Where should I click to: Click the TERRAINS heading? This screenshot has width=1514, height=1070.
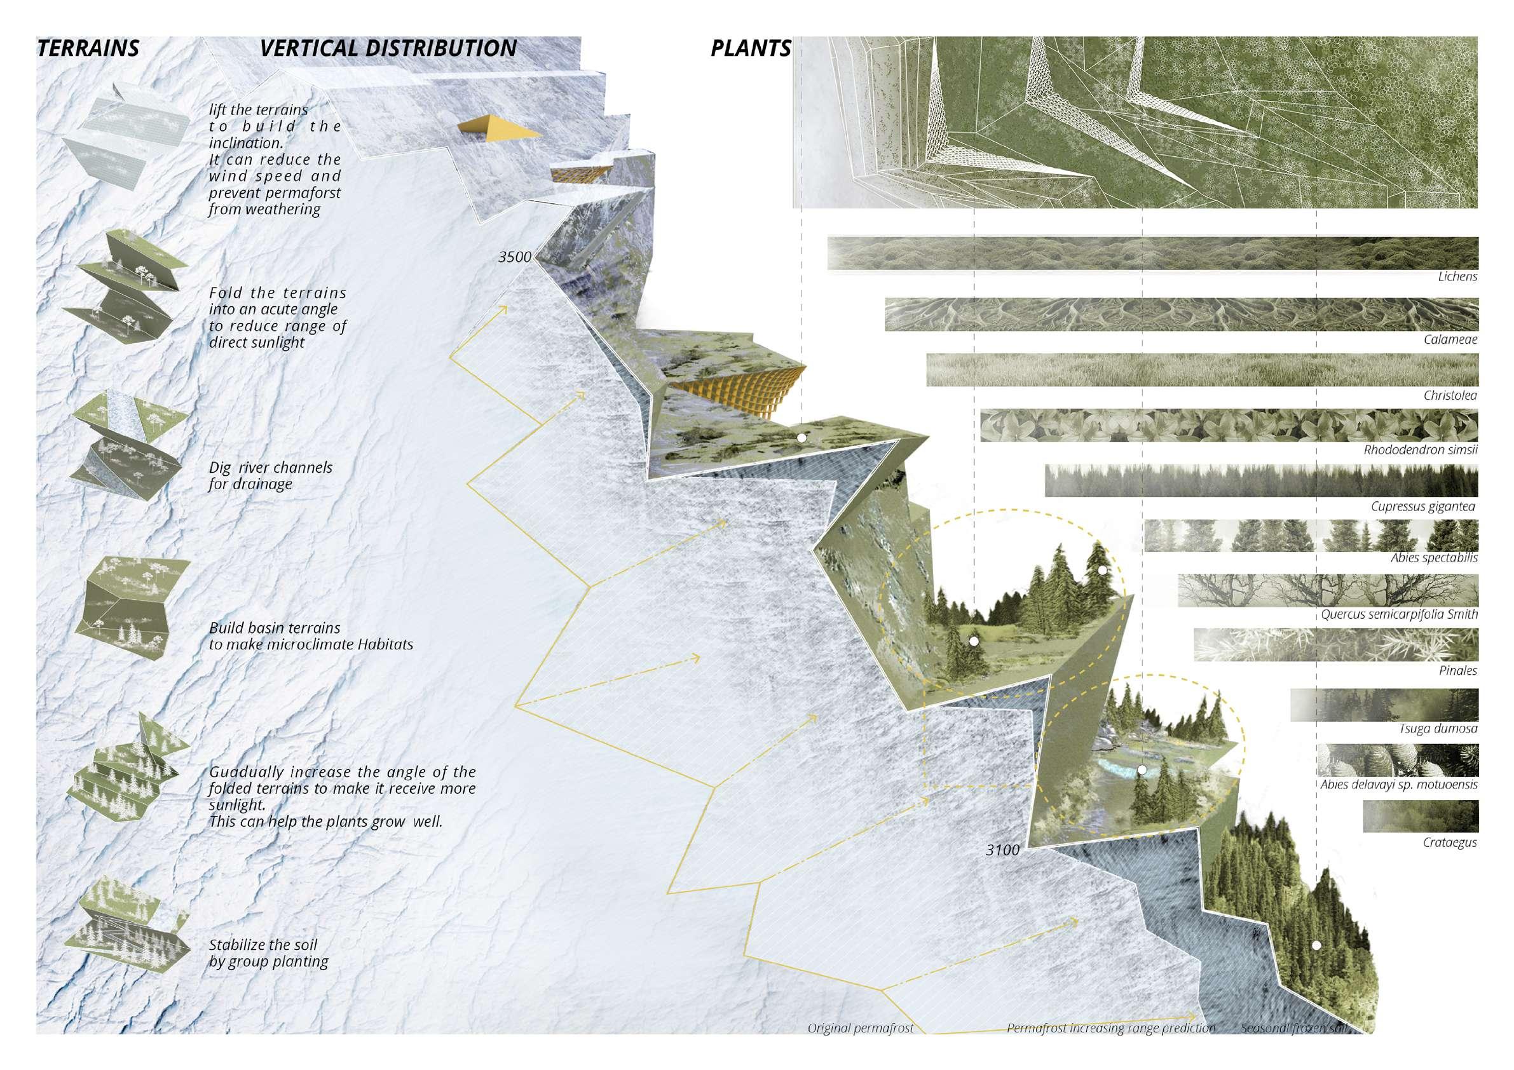(88, 49)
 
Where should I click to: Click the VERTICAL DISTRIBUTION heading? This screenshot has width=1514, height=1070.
(388, 49)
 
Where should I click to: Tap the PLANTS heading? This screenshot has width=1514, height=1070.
(751, 49)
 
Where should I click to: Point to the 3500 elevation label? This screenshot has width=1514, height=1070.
(514, 257)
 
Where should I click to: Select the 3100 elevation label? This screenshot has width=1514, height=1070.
(1002, 850)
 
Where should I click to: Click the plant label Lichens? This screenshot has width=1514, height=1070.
(1457, 277)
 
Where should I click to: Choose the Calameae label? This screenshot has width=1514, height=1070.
(1449, 340)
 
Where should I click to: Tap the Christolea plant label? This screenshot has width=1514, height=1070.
(1449, 396)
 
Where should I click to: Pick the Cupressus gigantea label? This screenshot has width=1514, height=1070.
(1422, 507)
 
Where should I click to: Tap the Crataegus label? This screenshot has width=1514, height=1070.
(1449, 843)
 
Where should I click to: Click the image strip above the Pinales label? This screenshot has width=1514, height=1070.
(1335, 645)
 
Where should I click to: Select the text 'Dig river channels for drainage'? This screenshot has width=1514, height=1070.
(270, 476)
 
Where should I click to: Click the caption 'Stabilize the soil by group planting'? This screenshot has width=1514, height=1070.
(268, 953)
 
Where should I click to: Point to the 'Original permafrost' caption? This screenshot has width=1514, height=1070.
(861, 1029)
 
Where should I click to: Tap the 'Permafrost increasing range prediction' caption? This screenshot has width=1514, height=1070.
(1110, 1029)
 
